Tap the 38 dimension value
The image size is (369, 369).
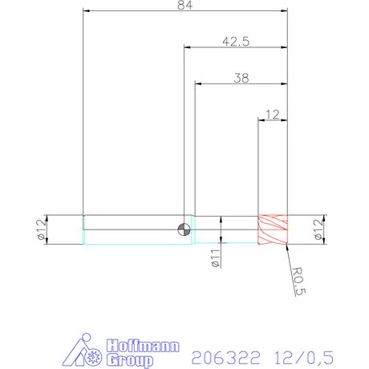(x=240, y=78)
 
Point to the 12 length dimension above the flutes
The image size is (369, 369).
(x=272, y=115)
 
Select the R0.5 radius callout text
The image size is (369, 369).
(x=298, y=282)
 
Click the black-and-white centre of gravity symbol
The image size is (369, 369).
(x=184, y=229)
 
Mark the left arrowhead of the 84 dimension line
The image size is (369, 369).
(x=87, y=11)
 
